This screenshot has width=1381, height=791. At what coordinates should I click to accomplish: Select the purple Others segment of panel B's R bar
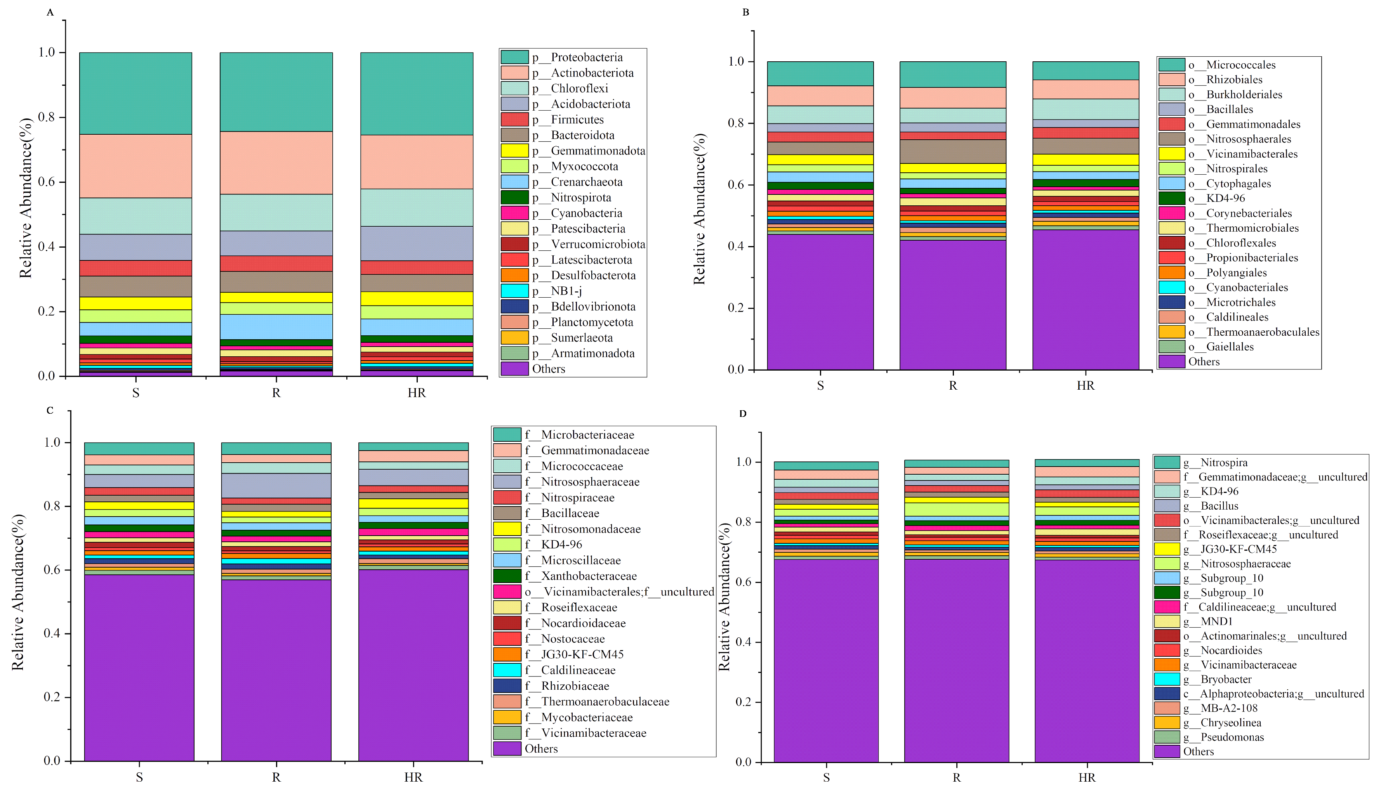pos(952,304)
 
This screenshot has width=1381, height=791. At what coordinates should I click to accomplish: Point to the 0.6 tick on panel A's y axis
pos(47,182)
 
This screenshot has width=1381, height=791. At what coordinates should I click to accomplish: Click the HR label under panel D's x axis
pos(1087,777)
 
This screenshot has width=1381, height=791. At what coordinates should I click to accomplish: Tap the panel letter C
pos(50,410)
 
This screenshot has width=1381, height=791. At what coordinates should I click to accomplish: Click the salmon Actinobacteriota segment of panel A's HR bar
pos(417,162)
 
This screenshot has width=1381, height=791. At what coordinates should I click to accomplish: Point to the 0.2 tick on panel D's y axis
pos(743,702)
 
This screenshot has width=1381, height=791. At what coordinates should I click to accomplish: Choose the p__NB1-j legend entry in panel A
pos(566,291)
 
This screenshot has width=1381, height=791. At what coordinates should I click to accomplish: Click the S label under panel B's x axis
pos(820,386)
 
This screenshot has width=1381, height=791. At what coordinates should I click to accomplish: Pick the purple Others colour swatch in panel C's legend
pos(507,749)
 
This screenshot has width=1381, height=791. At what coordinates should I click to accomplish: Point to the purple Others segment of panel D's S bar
pos(826,660)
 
